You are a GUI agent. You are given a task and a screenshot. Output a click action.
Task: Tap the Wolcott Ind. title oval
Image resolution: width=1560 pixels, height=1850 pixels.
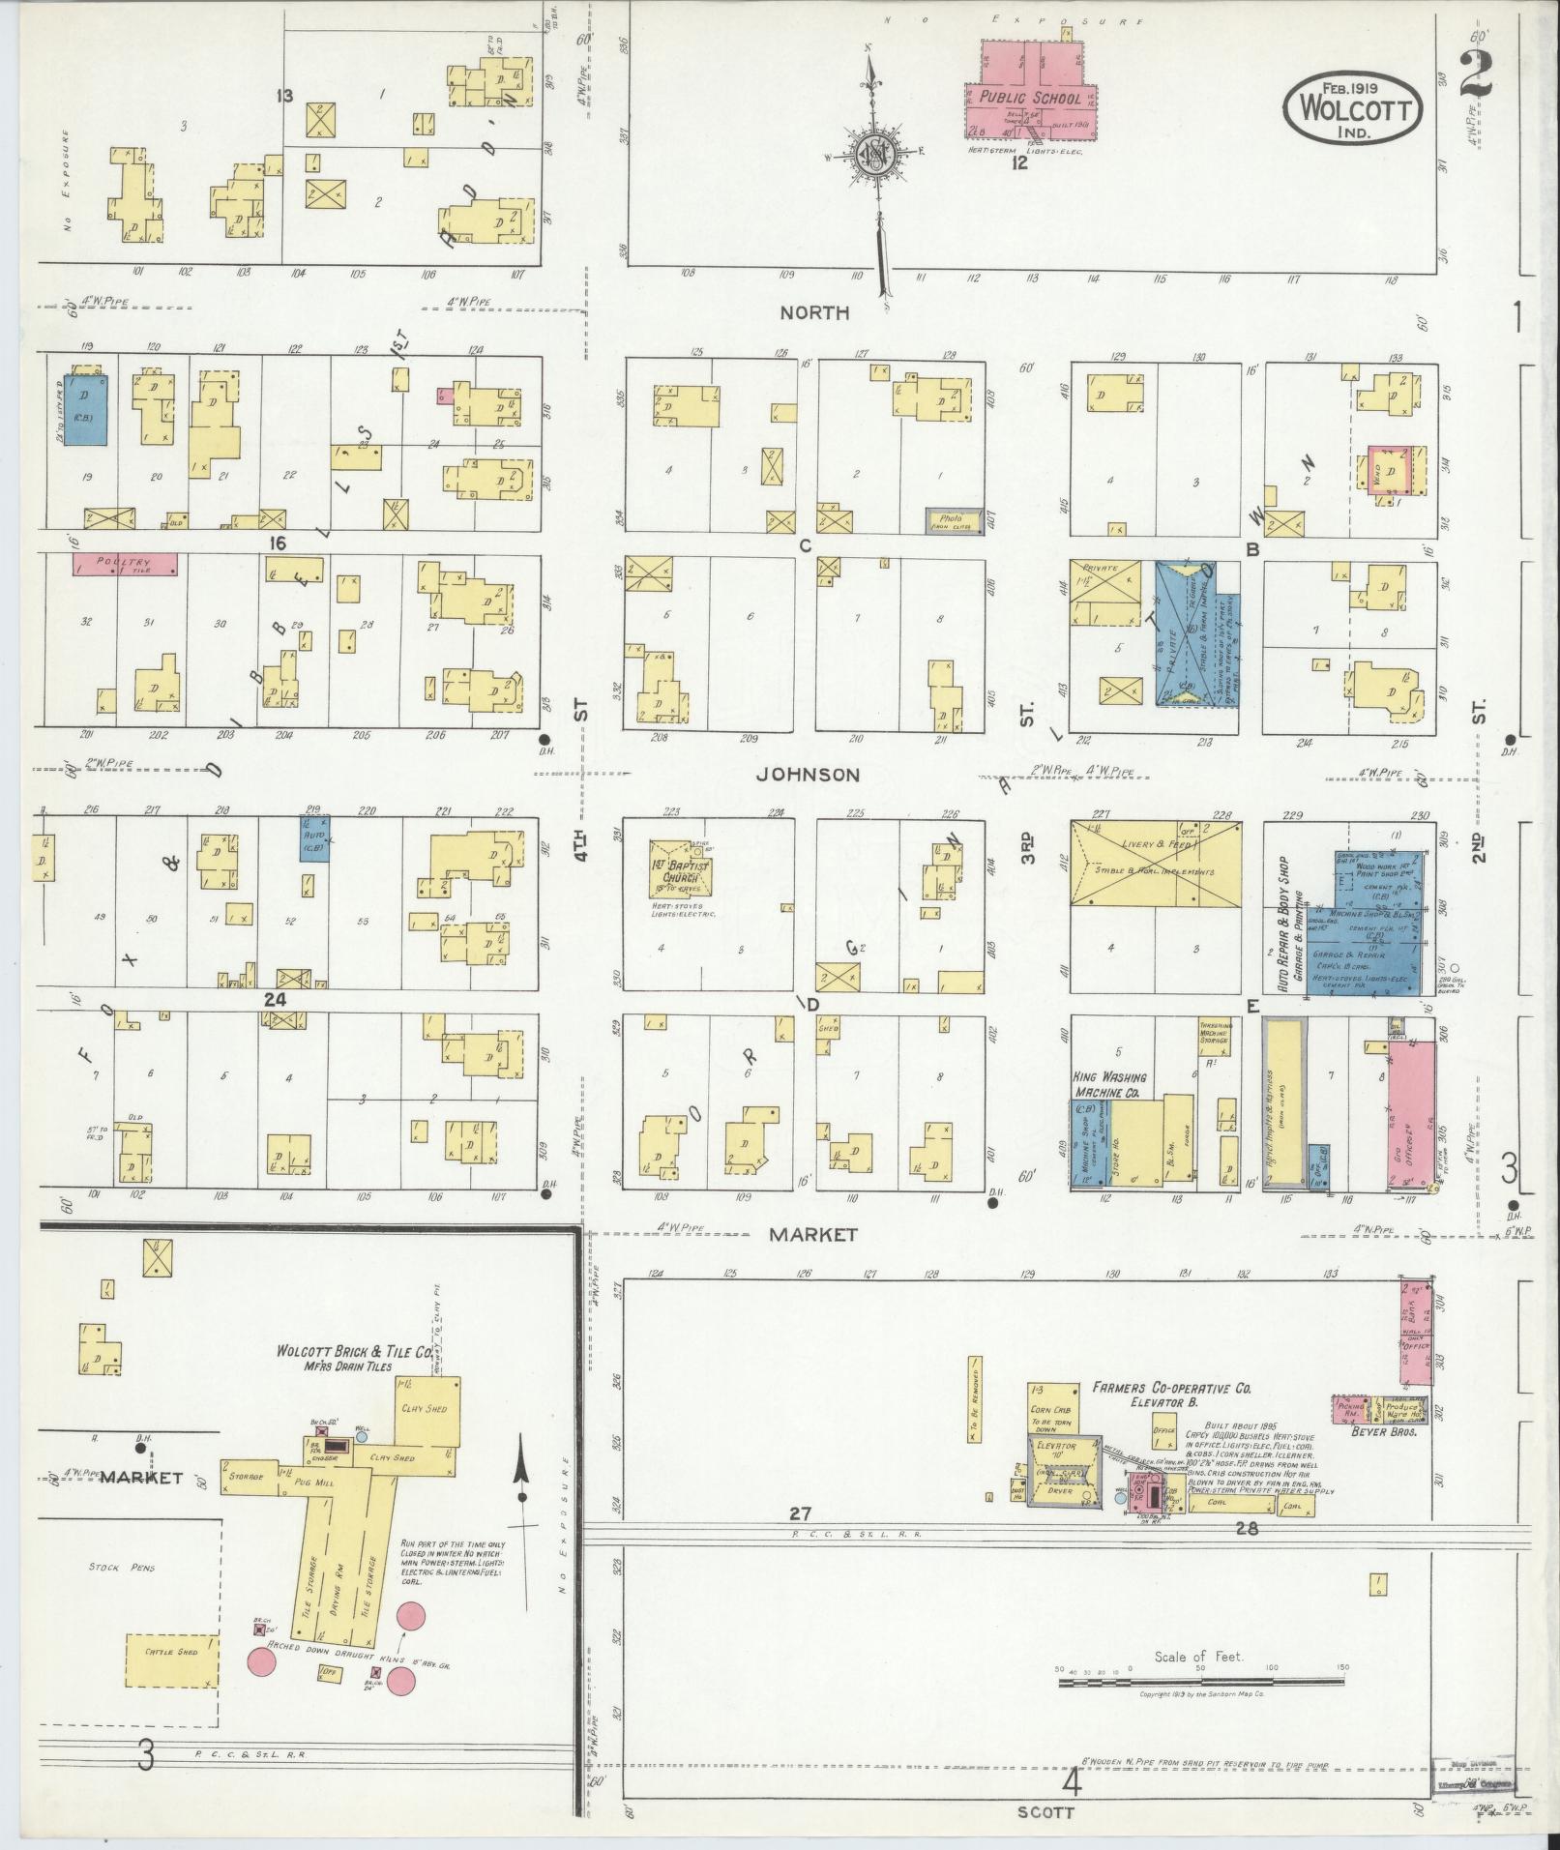pyautogui.click(x=1354, y=112)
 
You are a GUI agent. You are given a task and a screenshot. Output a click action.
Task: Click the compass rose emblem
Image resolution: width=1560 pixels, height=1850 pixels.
pyautogui.click(x=874, y=156)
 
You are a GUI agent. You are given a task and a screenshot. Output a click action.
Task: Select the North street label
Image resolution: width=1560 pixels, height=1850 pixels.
pyautogui.click(x=815, y=312)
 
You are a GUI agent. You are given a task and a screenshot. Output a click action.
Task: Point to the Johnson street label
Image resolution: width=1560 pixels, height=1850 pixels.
pyautogui.click(x=808, y=775)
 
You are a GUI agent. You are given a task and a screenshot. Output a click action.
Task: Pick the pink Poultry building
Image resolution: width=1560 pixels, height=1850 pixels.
pyautogui.click(x=125, y=564)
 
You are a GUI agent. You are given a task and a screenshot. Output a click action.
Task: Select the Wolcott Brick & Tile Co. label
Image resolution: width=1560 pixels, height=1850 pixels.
pyautogui.click(x=354, y=1354)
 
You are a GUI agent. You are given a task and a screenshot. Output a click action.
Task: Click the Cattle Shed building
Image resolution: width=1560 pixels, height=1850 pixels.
pyautogui.click(x=170, y=1652)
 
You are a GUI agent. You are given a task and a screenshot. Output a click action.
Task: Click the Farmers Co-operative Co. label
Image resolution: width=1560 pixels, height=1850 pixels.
pyautogui.click(x=1171, y=1389)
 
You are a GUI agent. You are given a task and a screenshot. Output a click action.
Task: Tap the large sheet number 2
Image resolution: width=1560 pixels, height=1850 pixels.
pyautogui.click(x=1474, y=73)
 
